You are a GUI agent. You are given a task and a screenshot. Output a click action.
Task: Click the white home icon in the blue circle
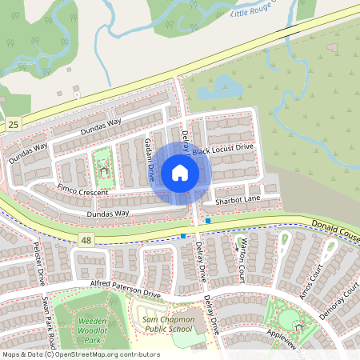tap(180, 173)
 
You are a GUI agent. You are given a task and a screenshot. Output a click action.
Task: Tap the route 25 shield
tap(13, 125)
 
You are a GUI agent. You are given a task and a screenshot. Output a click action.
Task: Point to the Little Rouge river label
tap(255, 10)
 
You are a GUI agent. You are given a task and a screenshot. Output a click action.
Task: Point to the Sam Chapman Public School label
tap(167, 324)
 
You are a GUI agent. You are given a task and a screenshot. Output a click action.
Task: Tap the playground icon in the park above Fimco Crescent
tap(103, 170)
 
